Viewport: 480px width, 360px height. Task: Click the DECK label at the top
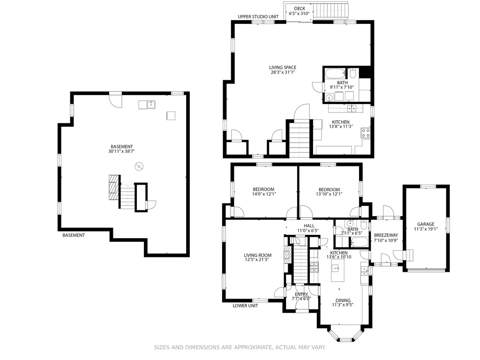(x=300, y=8)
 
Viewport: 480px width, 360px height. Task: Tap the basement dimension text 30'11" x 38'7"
(x=121, y=151)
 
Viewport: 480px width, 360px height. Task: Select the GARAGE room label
(x=426, y=224)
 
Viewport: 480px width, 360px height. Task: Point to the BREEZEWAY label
(x=386, y=235)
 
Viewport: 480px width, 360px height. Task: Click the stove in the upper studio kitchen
(x=366, y=133)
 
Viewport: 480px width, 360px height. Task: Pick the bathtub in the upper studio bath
(x=335, y=74)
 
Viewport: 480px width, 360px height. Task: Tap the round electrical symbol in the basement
(x=139, y=166)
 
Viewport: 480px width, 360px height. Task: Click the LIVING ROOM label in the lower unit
(x=258, y=255)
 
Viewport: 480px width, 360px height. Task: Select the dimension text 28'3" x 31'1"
(x=283, y=72)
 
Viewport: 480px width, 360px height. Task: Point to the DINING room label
(x=343, y=300)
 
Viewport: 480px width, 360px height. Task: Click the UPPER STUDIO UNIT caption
(x=258, y=16)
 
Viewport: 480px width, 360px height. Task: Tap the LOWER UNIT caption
(x=245, y=306)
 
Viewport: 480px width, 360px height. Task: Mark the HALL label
(x=309, y=226)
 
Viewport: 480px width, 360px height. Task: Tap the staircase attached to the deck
(x=331, y=11)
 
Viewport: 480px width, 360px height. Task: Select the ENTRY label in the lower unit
(x=301, y=294)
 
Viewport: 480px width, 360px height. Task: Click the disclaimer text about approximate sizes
(x=240, y=347)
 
